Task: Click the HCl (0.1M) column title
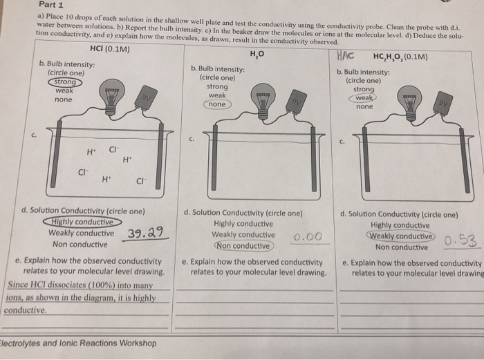tap(111, 49)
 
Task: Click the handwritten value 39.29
tap(147, 233)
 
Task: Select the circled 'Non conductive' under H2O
tap(242, 245)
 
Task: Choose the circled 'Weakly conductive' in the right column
tap(400, 236)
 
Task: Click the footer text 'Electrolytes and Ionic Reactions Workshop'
tap(77, 343)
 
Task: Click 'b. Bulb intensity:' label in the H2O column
tap(217, 69)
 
